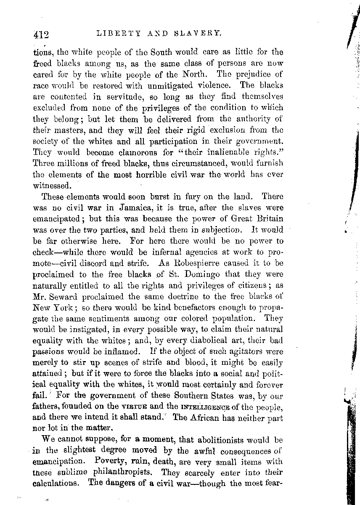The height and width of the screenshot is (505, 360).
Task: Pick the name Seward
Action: (x=66, y=296)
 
